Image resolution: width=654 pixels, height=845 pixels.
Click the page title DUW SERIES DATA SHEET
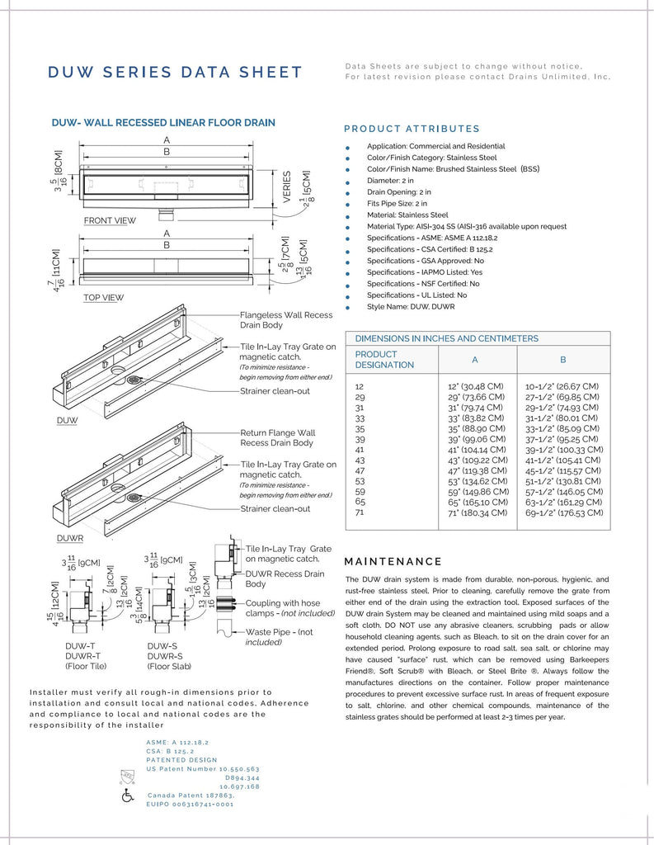pyautogui.click(x=175, y=73)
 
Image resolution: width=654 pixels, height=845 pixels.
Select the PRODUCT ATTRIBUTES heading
pyautogui.click(x=411, y=129)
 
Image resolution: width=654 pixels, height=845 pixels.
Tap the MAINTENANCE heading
pyautogui.click(x=393, y=561)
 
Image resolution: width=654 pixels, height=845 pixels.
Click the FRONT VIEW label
pyautogui.click(x=110, y=221)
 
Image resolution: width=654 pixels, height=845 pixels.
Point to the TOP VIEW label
pyautogui.click(x=103, y=298)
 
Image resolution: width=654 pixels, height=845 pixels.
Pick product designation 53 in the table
pyautogui.click(x=360, y=481)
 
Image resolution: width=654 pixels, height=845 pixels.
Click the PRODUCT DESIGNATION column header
pyautogui.click(x=384, y=359)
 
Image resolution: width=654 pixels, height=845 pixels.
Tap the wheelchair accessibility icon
pyautogui.click(x=128, y=796)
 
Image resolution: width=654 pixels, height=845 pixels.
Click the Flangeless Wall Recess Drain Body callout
pyautogui.click(x=285, y=320)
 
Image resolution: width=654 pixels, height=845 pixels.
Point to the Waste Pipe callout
pyautogui.click(x=280, y=636)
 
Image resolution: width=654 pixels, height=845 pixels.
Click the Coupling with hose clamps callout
pyautogui.click(x=284, y=608)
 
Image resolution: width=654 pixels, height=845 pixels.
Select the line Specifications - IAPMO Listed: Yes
pyautogui.click(x=425, y=271)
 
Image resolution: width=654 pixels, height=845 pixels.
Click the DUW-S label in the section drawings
pyautogui.click(x=162, y=645)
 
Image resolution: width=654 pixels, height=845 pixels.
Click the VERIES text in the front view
pyautogui.click(x=288, y=188)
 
